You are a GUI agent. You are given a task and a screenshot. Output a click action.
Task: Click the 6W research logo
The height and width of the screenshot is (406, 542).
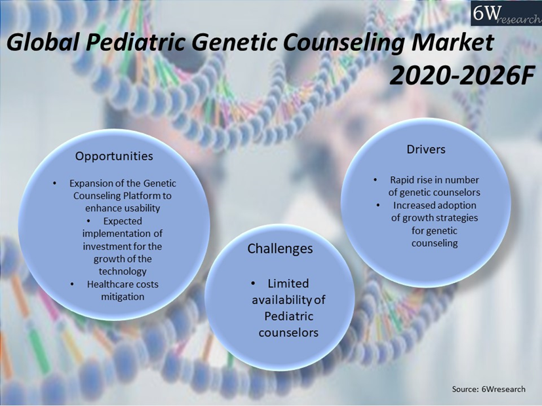pyautogui.click(x=506, y=13)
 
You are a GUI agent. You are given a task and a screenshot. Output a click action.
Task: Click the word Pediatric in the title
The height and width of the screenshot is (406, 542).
pyautogui.click(x=135, y=43)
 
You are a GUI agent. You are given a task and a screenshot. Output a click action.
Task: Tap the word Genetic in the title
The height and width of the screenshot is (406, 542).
pyautogui.click(x=235, y=43)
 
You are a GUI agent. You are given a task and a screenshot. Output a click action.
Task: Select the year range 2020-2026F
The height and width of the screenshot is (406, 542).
pyautogui.click(x=462, y=75)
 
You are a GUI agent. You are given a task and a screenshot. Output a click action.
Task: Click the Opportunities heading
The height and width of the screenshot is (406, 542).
pyautogui.click(x=114, y=156)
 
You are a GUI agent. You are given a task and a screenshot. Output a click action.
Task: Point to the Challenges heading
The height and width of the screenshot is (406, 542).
pyautogui.click(x=280, y=249)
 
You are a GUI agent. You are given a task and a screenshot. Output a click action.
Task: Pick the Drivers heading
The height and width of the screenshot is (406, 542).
pyautogui.click(x=426, y=149)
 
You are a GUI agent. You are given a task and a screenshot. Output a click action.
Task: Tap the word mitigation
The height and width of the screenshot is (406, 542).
pyautogui.click(x=123, y=297)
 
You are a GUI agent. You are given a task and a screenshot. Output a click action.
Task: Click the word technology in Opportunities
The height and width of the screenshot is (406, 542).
pyautogui.click(x=123, y=271)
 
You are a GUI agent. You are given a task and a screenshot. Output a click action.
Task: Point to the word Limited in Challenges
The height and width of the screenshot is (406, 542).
pyautogui.click(x=288, y=284)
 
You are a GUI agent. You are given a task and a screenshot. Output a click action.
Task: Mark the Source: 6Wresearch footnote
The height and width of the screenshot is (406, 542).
pyautogui.click(x=488, y=389)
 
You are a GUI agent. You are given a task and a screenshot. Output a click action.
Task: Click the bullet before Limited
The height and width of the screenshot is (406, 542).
pyautogui.click(x=253, y=284)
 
